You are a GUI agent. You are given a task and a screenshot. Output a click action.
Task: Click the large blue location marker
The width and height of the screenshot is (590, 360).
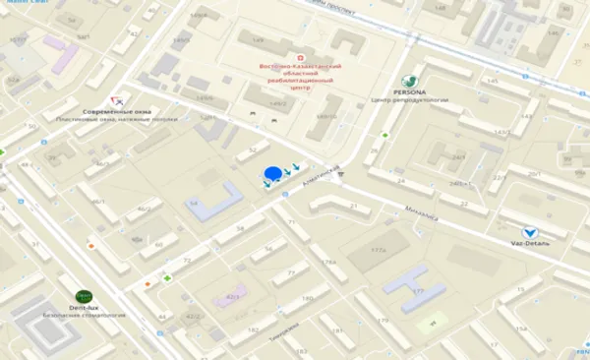coord(271,176)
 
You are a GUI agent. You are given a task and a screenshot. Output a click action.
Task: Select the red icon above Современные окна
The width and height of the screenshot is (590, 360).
coord(117,99)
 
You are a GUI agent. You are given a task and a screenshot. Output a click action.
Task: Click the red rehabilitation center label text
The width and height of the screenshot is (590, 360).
coord(298,76)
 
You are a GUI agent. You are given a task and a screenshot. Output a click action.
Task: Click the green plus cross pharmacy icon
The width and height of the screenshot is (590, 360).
coord(166,278)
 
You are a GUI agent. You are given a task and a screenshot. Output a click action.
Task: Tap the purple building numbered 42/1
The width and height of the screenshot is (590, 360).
coord(233,296)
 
